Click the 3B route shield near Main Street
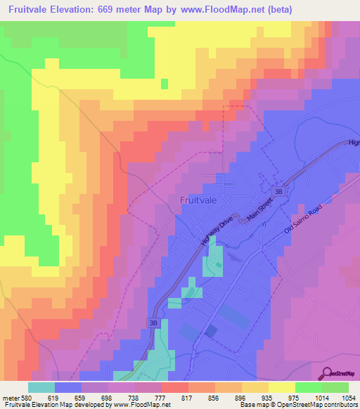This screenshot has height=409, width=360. pos(278,191)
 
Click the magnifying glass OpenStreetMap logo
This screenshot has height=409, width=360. pos(326,373)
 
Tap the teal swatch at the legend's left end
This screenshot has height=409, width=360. pos(41,387)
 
